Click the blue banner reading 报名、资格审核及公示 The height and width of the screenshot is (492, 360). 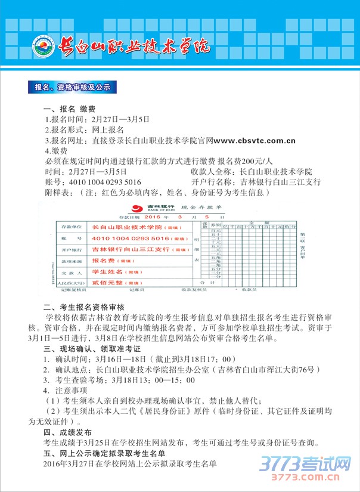73,88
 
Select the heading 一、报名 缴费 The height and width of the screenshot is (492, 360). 69,110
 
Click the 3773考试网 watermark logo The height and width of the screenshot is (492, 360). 304,465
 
